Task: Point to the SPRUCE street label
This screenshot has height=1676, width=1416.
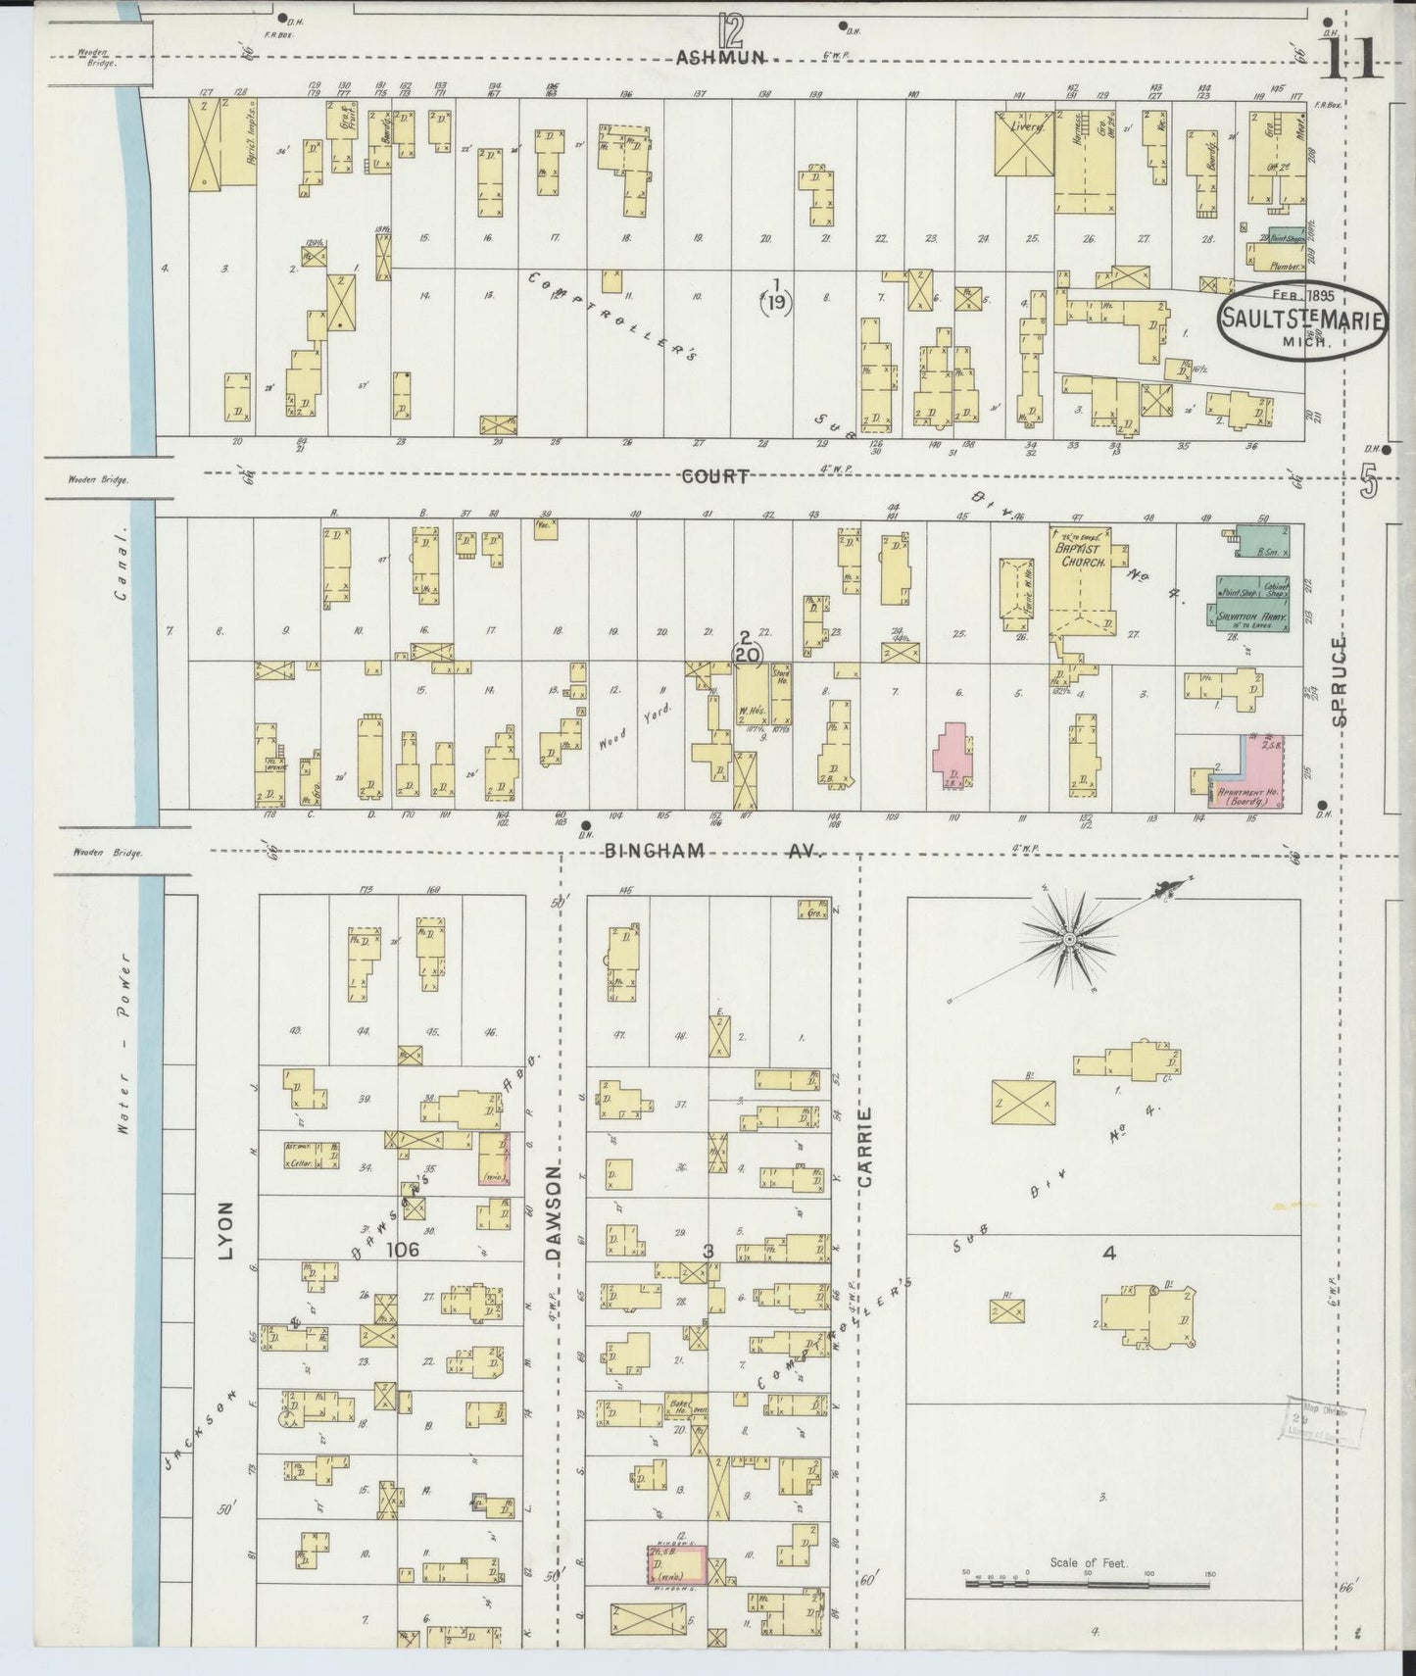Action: point(1340,680)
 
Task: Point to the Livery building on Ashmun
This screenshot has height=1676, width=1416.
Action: point(1024,144)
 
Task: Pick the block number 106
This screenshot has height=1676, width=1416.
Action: point(402,1249)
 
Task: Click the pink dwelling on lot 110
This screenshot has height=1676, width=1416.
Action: point(950,757)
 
